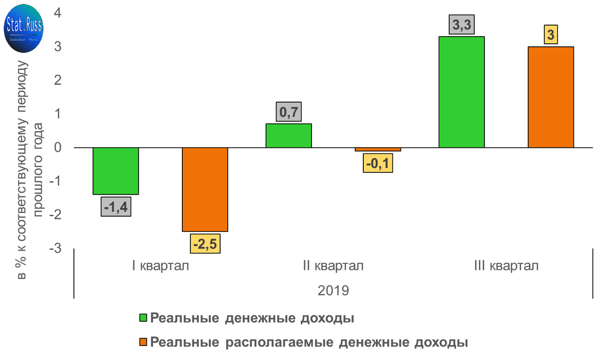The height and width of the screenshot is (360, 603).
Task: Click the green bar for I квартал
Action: click(x=116, y=171)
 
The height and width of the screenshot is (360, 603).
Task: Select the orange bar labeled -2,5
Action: click(x=205, y=189)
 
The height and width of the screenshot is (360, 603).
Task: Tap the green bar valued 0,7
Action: click(x=288, y=136)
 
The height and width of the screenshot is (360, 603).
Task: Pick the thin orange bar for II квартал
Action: click(x=377, y=149)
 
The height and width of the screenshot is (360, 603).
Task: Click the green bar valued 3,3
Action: click(x=461, y=92)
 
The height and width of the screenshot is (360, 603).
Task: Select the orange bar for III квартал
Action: click(x=550, y=97)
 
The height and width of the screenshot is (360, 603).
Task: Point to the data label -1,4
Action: click(x=116, y=207)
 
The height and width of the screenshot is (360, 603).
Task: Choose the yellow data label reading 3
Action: click(x=551, y=36)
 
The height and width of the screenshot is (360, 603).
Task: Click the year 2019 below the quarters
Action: click(x=333, y=291)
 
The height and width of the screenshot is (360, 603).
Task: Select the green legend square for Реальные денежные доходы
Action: click(x=143, y=318)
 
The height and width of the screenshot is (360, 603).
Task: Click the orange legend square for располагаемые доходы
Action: click(x=143, y=342)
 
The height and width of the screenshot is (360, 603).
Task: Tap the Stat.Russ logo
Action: click(x=24, y=31)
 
